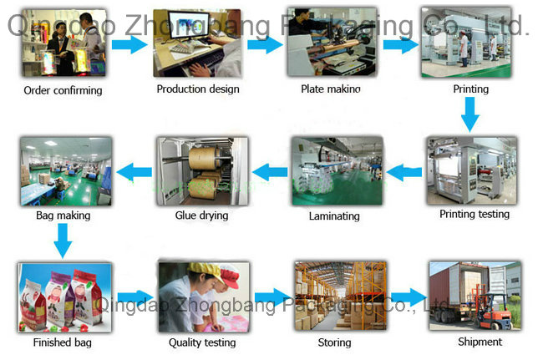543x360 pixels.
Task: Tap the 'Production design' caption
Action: click(x=197, y=89)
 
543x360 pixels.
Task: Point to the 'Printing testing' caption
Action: click(x=474, y=214)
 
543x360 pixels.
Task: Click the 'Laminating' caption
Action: click(x=333, y=215)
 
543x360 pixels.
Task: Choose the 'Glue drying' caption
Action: click(x=201, y=215)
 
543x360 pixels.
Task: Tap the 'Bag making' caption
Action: click(x=63, y=215)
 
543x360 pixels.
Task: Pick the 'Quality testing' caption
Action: click(x=202, y=342)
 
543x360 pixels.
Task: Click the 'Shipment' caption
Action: click(x=480, y=341)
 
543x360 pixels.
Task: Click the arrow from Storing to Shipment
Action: click(x=409, y=297)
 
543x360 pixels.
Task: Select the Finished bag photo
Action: click(x=63, y=296)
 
